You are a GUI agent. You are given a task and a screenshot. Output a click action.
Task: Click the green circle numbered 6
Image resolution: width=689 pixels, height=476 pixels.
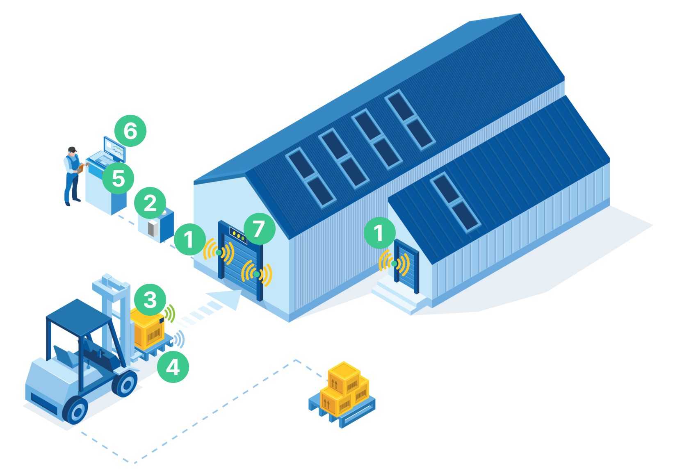click(x=130, y=131)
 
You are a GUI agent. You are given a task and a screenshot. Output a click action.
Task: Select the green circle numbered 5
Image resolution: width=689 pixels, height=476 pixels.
click(x=118, y=178)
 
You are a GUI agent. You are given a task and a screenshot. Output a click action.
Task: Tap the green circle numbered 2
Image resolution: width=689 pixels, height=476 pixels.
click(x=150, y=203)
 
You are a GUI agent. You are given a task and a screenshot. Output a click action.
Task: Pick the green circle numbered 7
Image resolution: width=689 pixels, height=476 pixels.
click(x=259, y=229)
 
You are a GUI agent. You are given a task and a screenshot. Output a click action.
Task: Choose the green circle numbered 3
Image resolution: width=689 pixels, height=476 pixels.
click(x=150, y=300)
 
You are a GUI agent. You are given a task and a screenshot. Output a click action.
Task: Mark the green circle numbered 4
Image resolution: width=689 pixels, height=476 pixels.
click(x=173, y=367)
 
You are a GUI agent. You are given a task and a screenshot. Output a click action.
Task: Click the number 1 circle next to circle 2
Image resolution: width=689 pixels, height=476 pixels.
click(x=189, y=239)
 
